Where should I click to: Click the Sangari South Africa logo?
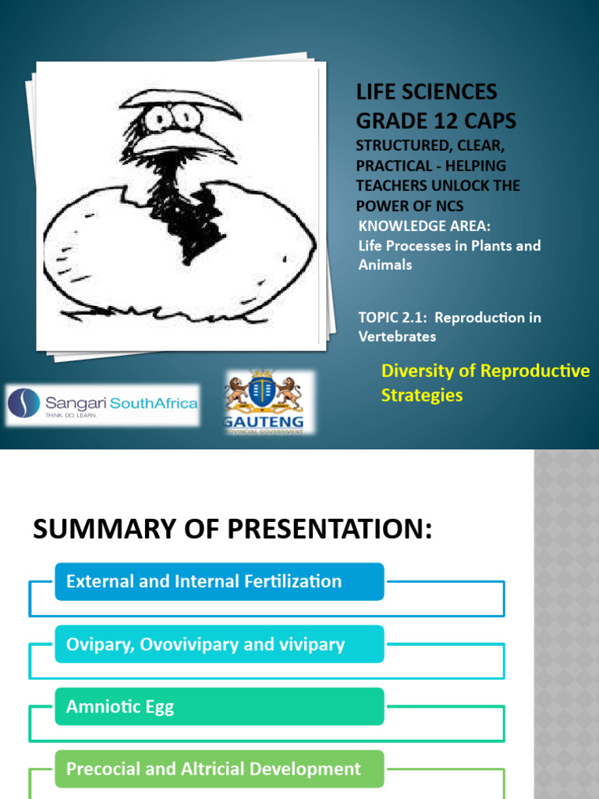pyautogui.click(x=102, y=404)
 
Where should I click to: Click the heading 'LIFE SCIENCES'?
pyautogui.click(x=426, y=91)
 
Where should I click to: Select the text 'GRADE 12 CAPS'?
pyautogui.click(x=436, y=121)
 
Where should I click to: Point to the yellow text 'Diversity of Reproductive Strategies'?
pyautogui.click(x=485, y=382)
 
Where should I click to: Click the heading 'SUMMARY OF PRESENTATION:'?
pyautogui.click(x=232, y=530)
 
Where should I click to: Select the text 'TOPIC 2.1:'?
pyautogui.click(x=395, y=318)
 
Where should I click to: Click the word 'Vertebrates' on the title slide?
pyautogui.click(x=397, y=337)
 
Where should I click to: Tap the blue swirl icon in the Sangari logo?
pyautogui.click(x=24, y=403)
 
